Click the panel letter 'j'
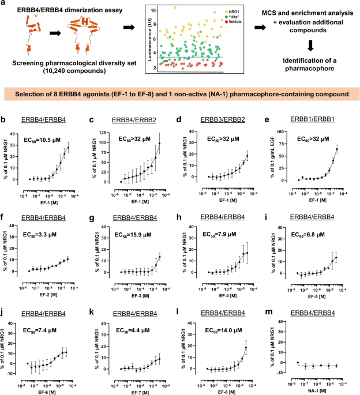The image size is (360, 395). coord(5,294)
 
